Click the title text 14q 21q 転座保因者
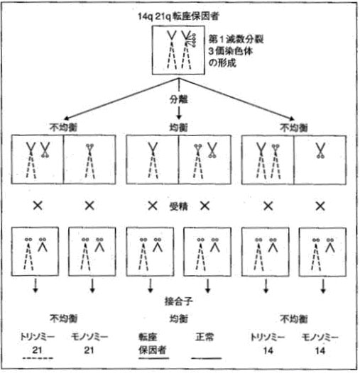pyautogui.click(x=178, y=16)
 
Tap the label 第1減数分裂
pyautogui.click(x=236, y=39)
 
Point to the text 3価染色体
pyautogui.click(x=231, y=51)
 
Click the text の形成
pyautogui.click(x=222, y=63)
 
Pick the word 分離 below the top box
pyautogui.click(x=179, y=99)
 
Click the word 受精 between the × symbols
pyautogui.click(x=179, y=206)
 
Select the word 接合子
pyautogui.click(x=179, y=301)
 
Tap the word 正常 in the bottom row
pyautogui.click(x=204, y=337)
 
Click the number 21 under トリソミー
pyautogui.click(x=37, y=350)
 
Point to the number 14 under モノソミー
pyautogui.click(x=320, y=350)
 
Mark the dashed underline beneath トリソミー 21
pyautogui.click(x=38, y=358)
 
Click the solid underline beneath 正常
pyautogui.click(x=207, y=358)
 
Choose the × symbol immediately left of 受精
pyautogui.click(x=153, y=206)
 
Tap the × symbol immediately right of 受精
pyautogui.click(x=205, y=206)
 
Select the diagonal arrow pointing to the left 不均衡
pyautogui.click(x=121, y=99)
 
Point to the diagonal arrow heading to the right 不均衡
pyautogui.click(x=236, y=99)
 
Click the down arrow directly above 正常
pyautogui.click(x=208, y=286)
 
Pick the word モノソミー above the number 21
pyautogui.click(x=89, y=337)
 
